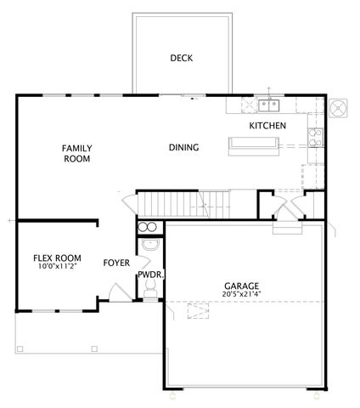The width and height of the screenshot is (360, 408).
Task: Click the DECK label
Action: (181, 59)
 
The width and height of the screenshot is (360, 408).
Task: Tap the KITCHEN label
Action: (267, 126)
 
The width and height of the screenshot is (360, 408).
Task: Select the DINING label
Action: (183, 148)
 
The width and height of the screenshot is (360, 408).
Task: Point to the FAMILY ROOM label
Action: (76, 153)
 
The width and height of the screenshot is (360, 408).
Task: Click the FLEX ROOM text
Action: (57, 258)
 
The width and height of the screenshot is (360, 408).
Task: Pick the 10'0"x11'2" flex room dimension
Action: (57, 267)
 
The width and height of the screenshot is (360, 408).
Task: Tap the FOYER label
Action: (116, 263)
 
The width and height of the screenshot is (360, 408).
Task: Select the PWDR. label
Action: (150, 275)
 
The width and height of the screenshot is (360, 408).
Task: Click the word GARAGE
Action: (242, 286)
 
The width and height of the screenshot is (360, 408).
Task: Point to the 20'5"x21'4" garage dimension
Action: (242, 295)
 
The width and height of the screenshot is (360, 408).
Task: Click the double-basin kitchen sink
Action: (270, 105)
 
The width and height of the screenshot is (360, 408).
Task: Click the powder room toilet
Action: (150, 291)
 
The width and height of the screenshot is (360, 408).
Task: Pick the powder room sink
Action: (149, 246)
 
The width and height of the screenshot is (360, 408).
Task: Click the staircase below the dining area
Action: (183, 204)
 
